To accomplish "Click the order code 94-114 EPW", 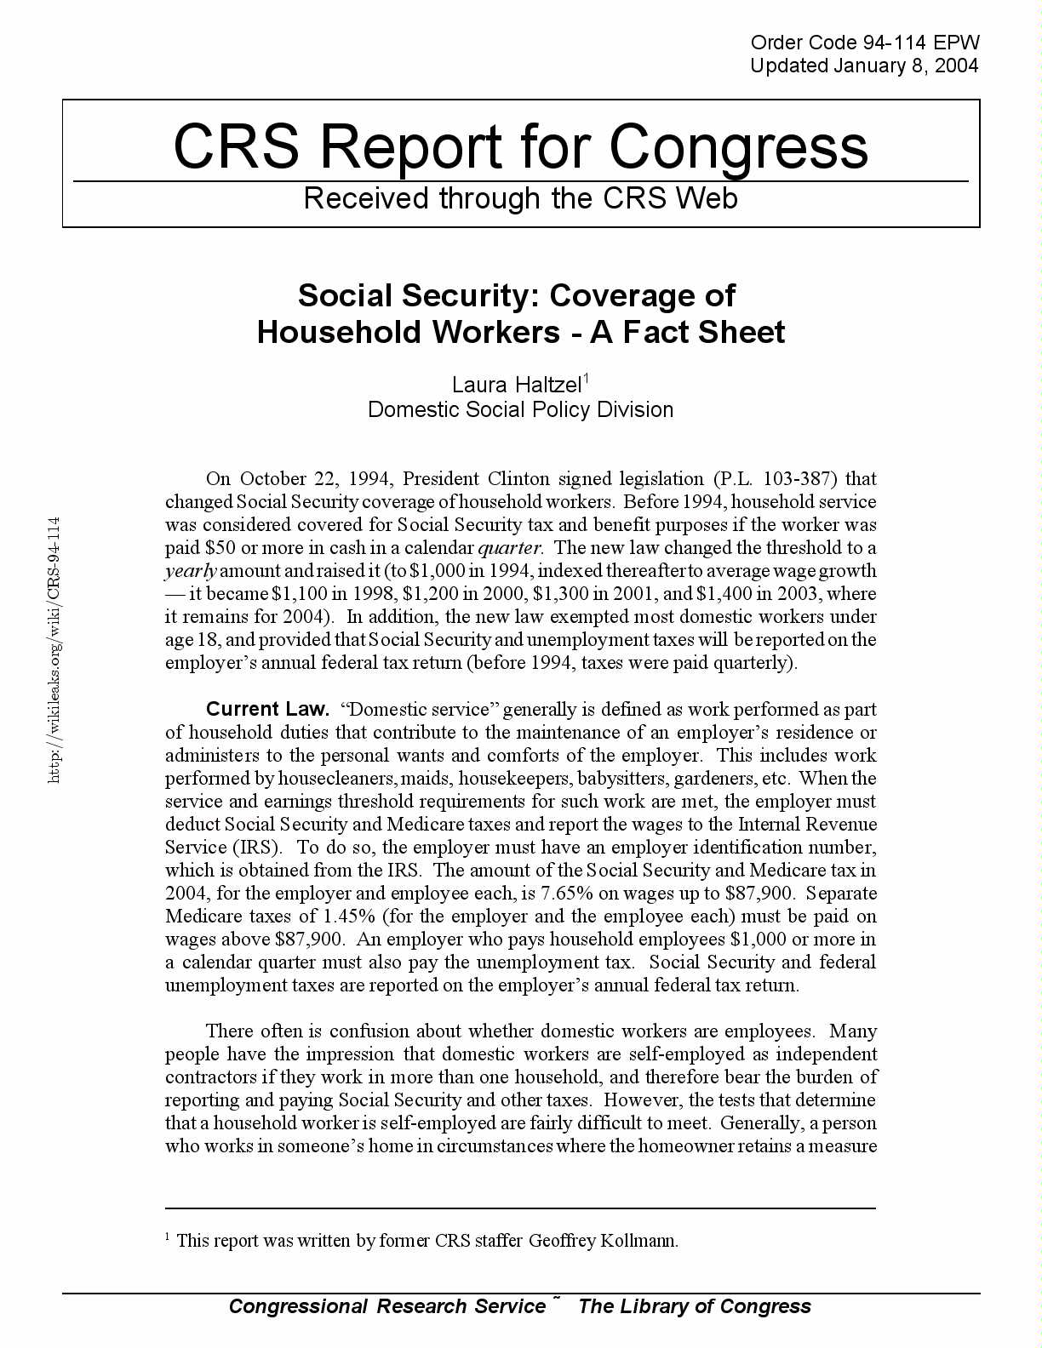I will (865, 43).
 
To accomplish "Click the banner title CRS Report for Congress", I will (520, 146).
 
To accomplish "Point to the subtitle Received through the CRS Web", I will (520, 198).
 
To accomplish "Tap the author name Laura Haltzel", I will (516, 385).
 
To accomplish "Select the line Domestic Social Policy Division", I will (520, 409).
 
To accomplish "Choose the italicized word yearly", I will (191, 571).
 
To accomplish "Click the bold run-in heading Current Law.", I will (267, 709).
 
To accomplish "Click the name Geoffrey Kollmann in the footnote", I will (603, 1240).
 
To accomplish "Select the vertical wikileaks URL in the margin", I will (54, 649).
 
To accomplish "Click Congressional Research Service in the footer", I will (387, 1306).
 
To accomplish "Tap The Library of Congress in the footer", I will (695, 1306).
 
